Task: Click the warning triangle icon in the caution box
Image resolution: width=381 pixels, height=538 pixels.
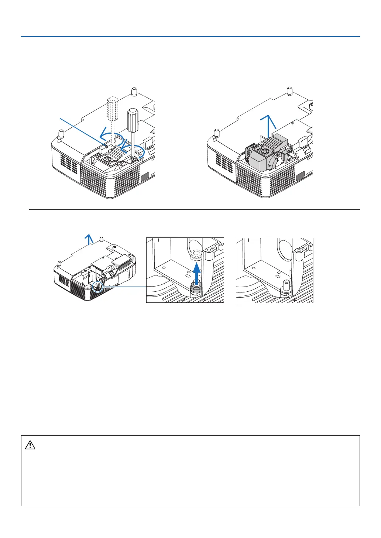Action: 30,445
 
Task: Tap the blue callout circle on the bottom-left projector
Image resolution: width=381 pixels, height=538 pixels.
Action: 97,286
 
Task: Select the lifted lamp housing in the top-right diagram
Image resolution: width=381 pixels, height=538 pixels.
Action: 266,155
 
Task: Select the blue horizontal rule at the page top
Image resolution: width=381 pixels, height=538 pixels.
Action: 190,37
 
